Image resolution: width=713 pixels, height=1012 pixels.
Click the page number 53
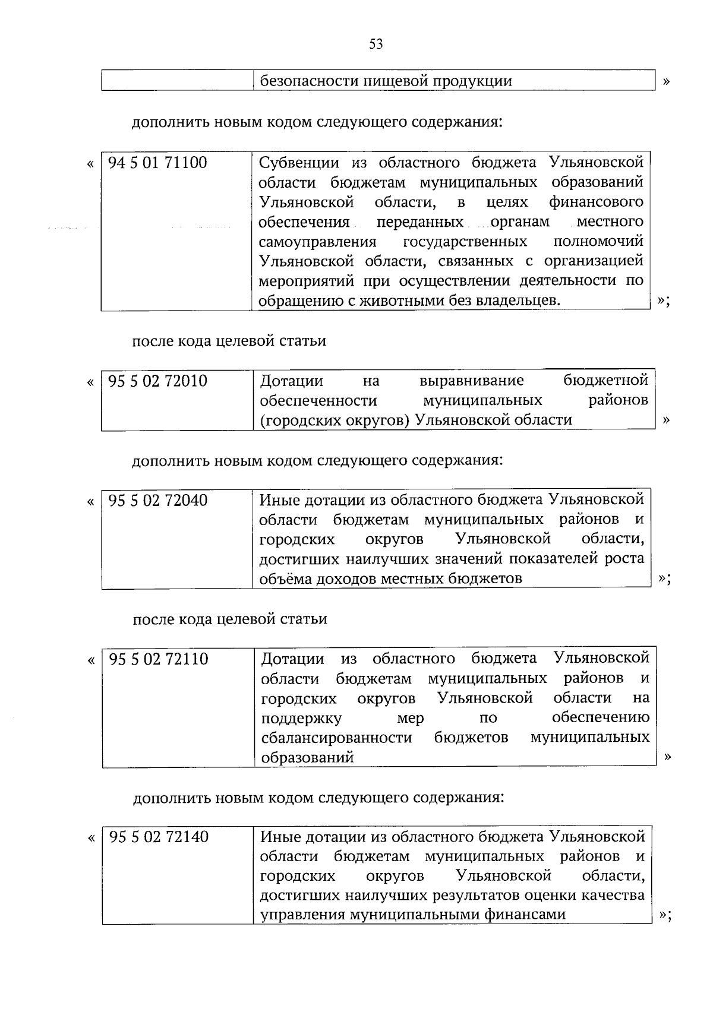[x=376, y=44]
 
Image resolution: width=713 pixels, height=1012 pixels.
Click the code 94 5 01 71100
[x=158, y=162]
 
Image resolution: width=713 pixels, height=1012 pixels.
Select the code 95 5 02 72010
[x=158, y=381]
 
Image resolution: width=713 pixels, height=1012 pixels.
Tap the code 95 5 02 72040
[x=158, y=500]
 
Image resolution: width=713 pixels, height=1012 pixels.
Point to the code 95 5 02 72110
[x=159, y=659]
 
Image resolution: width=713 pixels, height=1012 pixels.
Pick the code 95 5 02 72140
[x=159, y=837]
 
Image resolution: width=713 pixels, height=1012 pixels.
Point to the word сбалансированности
[x=336, y=738]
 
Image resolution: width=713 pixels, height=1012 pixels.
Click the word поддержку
[x=301, y=718]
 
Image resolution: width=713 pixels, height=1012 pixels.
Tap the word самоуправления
[x=317, y=242]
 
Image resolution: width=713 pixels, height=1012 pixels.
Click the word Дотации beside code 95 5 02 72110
[x=292, y=659]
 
